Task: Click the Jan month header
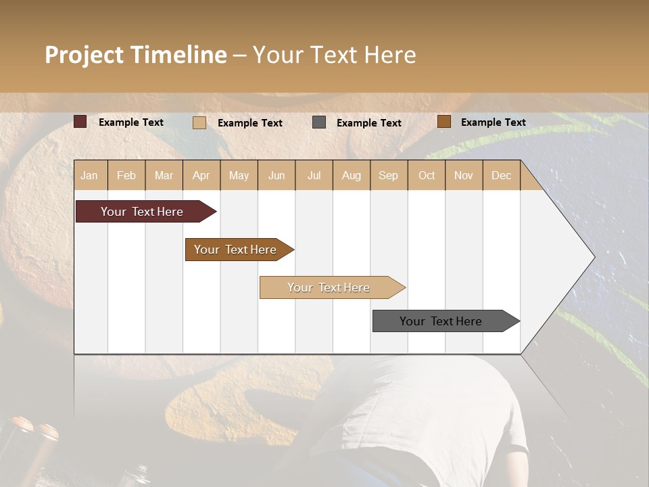(89, 175)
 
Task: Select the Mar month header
(164, 175)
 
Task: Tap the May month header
(239, 175)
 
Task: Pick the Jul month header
(314, 175)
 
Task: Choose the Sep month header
(388, 175)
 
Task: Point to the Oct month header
(427, 175)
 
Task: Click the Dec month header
(501, 175)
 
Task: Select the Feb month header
(126, 175)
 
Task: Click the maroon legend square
(80, 122)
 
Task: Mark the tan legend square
(199, 122)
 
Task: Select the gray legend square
(319, 122)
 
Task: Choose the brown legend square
(443, 122)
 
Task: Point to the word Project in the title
(85, 55)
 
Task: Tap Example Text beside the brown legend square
(493, 122)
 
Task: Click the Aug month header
(351, 175)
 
